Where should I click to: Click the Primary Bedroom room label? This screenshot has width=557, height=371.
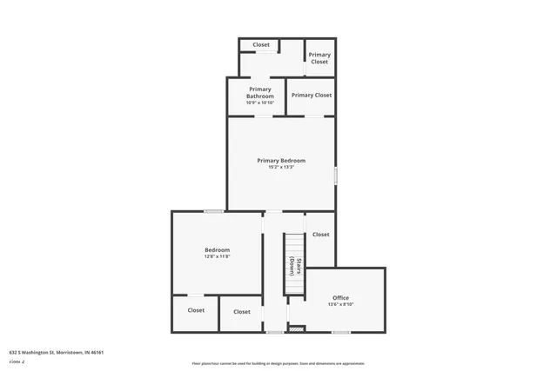(281, 160)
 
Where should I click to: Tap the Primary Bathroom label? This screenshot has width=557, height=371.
(260, 92)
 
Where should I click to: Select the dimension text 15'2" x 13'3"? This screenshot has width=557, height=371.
(281, 168)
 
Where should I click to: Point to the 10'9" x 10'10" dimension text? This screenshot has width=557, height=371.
(260, 103)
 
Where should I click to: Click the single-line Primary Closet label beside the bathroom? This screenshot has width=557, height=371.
(312, 96)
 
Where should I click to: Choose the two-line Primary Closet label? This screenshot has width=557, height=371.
(319, 58)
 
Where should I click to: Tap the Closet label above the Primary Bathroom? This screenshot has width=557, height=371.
(261, 44)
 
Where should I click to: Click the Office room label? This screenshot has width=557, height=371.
(340, 297)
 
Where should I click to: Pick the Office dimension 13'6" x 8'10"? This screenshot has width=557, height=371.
(340, 305)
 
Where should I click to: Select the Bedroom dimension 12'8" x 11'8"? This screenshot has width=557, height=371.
(217, 257)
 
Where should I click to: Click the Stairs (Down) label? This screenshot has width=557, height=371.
(296, 267)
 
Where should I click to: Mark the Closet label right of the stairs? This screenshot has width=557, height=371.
(320, 235)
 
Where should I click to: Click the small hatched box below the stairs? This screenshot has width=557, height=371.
(297, 328)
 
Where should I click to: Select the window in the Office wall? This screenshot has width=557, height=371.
(341, 332)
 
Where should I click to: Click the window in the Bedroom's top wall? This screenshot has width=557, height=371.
(213, 211)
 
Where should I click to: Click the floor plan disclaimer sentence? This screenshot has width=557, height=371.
(278, 363)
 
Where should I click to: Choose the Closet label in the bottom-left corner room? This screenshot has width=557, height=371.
(196, 310)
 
